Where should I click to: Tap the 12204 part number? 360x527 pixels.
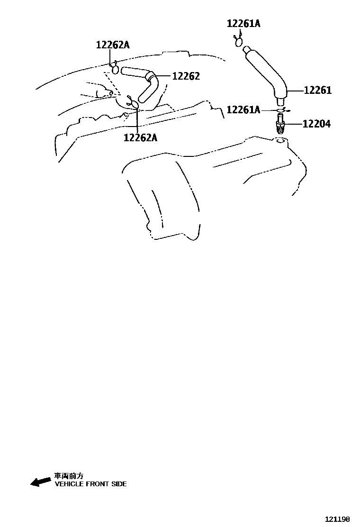coord(316,124)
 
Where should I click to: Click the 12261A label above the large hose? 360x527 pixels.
coord(243,23)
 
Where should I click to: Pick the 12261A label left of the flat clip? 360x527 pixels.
coord(243,110)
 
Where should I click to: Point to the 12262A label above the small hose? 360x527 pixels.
coord(113,45)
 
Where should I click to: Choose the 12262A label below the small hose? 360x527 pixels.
coord(140,137)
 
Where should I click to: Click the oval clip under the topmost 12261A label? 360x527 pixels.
coord(239,42)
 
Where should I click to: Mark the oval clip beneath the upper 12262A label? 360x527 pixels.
coord(115,69)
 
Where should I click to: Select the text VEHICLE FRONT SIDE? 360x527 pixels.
coord(90,484)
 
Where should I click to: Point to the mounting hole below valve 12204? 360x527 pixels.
coord(280,141)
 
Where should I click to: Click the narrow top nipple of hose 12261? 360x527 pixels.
coord(245,48)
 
